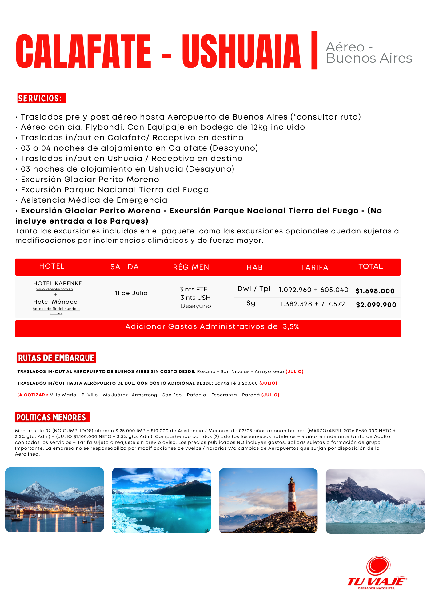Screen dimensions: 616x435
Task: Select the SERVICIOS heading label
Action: click(x=41, y=98)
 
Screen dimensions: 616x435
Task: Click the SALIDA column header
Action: click(x=124, y=267)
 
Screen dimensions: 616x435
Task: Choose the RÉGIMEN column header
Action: click(x=191, y=267)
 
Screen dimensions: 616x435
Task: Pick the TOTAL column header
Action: click(x=371, y=266)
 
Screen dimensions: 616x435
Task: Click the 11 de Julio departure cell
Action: click(x=131, y=293)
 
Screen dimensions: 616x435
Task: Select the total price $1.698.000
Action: click(x=375, y=291)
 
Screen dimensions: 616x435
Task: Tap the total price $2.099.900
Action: click(x=376, y=305)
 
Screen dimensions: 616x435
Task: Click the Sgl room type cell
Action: click(x=252, y=303)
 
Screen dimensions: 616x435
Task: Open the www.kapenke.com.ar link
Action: click(x=55, y=289)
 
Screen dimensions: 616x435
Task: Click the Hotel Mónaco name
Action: click(x=55, y=302)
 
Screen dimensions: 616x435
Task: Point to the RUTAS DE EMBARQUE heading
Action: click(x=56, y=358)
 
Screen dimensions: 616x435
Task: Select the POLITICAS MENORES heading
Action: click(x=51, y=417)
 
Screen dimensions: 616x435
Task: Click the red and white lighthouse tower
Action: click(x=292, y=494)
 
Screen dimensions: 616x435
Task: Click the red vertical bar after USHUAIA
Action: click(x=314, y=50)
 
